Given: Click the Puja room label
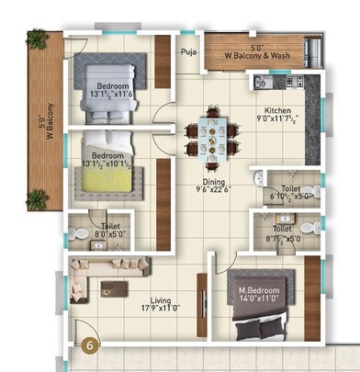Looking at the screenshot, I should coord(189,52).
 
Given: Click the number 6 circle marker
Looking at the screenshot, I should coord(88,345).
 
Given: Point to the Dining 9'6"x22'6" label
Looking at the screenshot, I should coord(212,186).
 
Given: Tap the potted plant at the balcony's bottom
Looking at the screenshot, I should coord(39,196).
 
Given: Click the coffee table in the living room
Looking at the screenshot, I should coord(129,266).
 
